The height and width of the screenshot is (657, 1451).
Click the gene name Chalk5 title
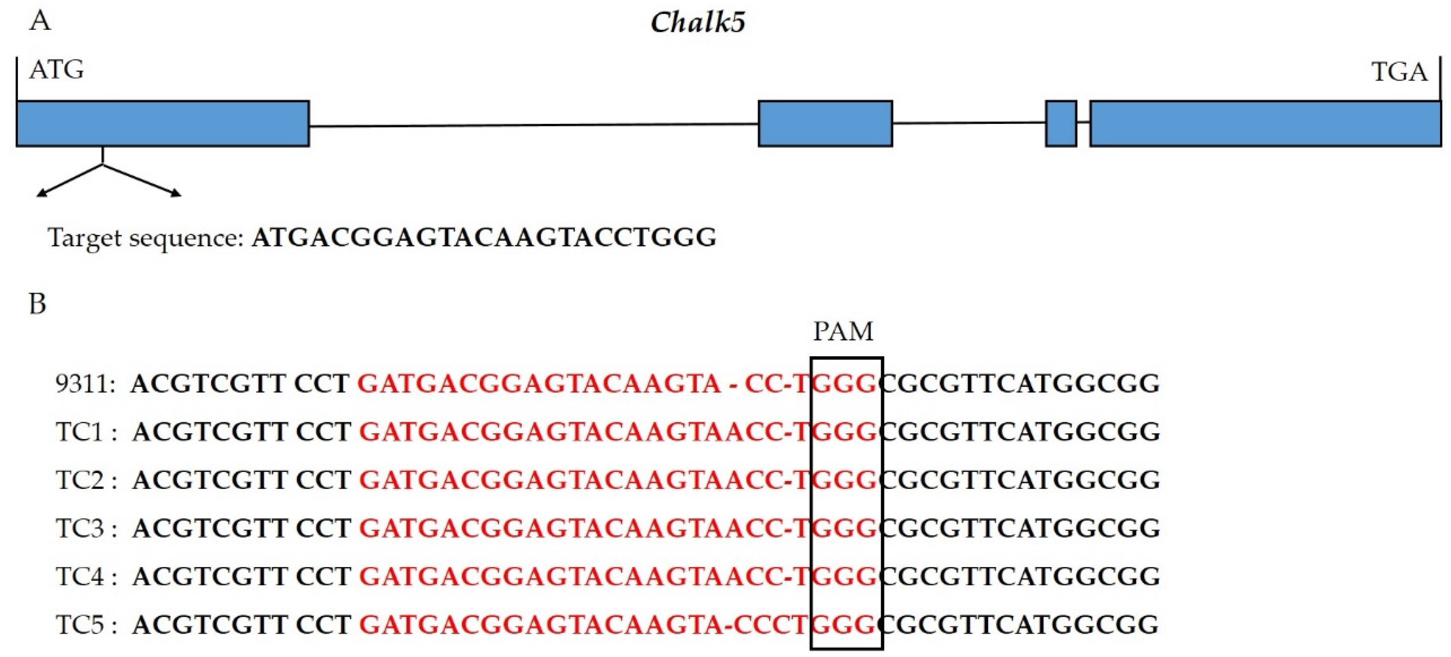point(697,23)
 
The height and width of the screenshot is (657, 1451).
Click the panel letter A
point(40,21)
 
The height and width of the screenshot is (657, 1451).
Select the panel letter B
point(37,304)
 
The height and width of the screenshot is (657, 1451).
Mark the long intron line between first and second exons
point(534,125)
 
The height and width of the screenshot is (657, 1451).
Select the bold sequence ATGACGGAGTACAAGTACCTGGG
point(484,238)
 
